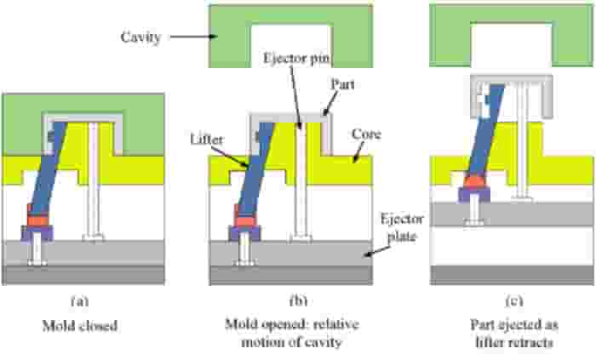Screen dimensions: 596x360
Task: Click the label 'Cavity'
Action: tap(141, 37)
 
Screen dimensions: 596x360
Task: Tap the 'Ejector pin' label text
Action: tap(296, 58)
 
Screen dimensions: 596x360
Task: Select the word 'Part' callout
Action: tap(343, 84)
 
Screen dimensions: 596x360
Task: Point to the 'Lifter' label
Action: tap(207, 140)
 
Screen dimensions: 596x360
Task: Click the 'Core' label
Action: tap(366, 134)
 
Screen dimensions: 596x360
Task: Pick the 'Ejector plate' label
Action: tap(402, 227)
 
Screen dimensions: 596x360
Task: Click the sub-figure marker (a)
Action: tap(80, 300)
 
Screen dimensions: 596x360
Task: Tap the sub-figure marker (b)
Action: tap(298, 300)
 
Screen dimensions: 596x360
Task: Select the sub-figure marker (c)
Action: tap(514, 300)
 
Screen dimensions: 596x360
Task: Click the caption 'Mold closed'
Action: tap(80, 326)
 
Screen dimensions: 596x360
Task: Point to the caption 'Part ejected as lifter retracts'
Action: tap(514, 334)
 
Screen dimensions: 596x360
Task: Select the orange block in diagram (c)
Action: tap(474, 182)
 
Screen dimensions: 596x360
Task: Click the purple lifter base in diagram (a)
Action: tap(37, 232)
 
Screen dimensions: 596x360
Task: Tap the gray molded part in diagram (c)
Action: tap(511, 79)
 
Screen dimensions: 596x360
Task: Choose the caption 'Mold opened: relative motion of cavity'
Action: tap(292, 334)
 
